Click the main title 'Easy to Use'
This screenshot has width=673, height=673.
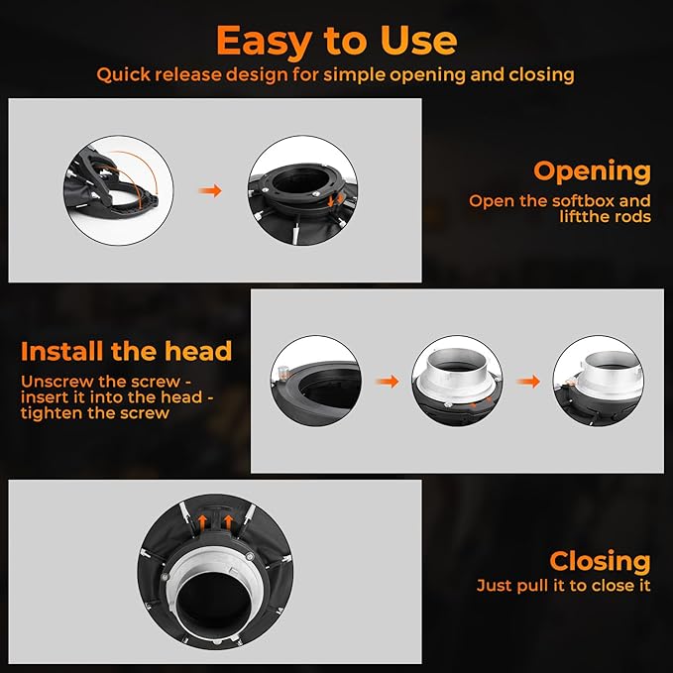337,41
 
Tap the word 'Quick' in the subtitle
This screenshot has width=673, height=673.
123,75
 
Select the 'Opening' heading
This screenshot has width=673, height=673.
592,172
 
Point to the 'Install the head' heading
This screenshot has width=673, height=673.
127,351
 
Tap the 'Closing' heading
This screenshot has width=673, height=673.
600,561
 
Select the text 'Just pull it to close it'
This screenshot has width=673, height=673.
564,586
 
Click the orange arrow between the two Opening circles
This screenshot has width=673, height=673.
210,190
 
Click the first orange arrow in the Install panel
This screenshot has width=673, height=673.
388,382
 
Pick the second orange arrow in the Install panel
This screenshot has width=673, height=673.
528,382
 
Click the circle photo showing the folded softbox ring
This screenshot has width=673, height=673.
119,190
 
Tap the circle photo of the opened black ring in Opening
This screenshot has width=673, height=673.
302,190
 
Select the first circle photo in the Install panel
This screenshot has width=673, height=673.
316,381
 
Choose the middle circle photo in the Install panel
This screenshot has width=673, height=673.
457,381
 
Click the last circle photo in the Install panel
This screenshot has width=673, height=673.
599,381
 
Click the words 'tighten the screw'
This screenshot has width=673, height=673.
95,413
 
